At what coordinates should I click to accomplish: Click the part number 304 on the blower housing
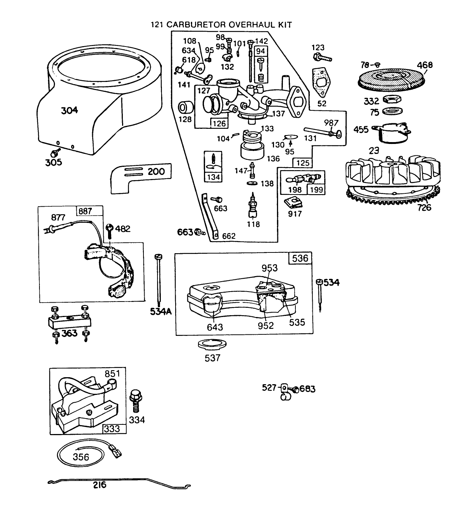point(69,110)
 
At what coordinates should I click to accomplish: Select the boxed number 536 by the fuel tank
point(300,258)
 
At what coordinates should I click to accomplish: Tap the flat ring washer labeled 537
point(212,344)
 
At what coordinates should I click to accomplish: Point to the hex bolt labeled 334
point(135,400)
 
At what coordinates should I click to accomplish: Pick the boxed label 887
point(85,211)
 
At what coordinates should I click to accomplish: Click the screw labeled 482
point(110,231)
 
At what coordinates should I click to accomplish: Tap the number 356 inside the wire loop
point(81,457)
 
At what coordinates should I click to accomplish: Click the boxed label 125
point(302,162)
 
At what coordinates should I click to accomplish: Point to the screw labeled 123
point(322,58)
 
